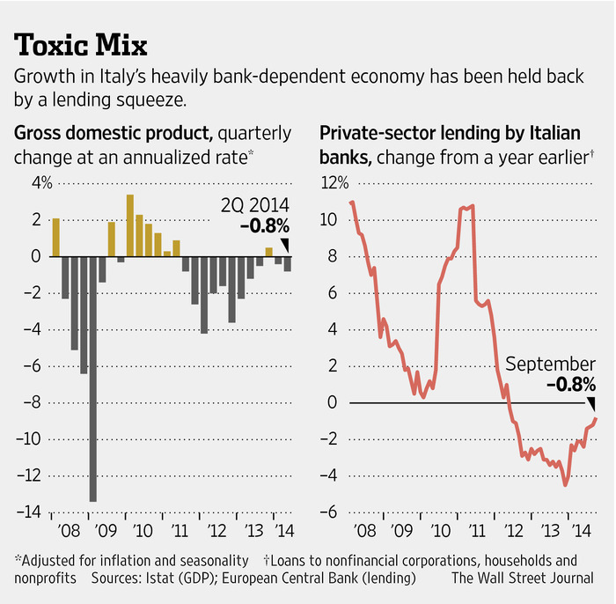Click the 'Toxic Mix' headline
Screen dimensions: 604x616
click(81, 43)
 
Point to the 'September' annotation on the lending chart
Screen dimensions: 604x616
click(551, 365)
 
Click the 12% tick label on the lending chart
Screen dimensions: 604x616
click(334, 184)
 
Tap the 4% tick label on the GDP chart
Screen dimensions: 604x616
click(42, 184)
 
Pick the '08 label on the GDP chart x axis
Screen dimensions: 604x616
click(69, 532)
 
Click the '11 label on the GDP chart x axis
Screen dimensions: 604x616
click(180, 532)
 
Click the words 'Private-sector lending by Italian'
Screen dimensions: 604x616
click(450, 135)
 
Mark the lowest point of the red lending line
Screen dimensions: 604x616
click(566, 484)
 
